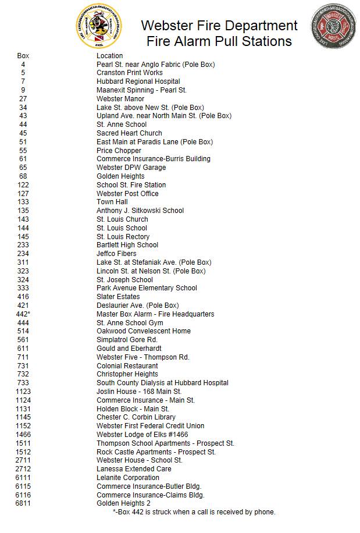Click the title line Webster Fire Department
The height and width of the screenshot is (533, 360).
pyautogui.click(x=219, y=26)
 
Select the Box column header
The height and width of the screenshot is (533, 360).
pyautogui.click(x=23, y=56)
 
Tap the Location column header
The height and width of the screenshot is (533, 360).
pyautogui.click(x=110, y=56)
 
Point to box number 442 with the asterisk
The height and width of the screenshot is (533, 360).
pyautogui.click(x=23, y=314)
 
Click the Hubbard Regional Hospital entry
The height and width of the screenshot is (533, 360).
pyautogui.click(x=138, y=81)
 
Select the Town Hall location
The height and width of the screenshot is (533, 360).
pyautogui.click(x=112, y=202)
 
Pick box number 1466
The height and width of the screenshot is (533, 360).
pyautogui.click(x=23, y=435)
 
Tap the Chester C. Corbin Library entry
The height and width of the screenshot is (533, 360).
pyautogui.click(x=136, y=417)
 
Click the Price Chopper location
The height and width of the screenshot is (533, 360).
pyautogui.click(x=119, y=151)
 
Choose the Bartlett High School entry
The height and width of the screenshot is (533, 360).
pyautogui.click(x=127, y=245)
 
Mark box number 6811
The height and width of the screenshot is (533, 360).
pyautogui.click(x=23, y=503)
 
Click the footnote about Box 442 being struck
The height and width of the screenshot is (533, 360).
pyautogui.click(x=194, y=512)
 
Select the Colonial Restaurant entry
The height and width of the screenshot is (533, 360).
pyautogui.click(x=127, y=366)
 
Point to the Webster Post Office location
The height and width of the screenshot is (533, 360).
pyautogui.click(x=127, y=194)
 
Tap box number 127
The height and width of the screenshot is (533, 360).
pyautogui.click(x=23, y=194)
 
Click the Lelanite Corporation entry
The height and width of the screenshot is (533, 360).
pyautogui.click(x=128, y=478)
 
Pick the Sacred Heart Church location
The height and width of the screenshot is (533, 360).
pyautogui.click(x=129, y=133)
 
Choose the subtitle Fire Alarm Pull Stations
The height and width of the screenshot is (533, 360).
pyautogui.click(x=219, y=41)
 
